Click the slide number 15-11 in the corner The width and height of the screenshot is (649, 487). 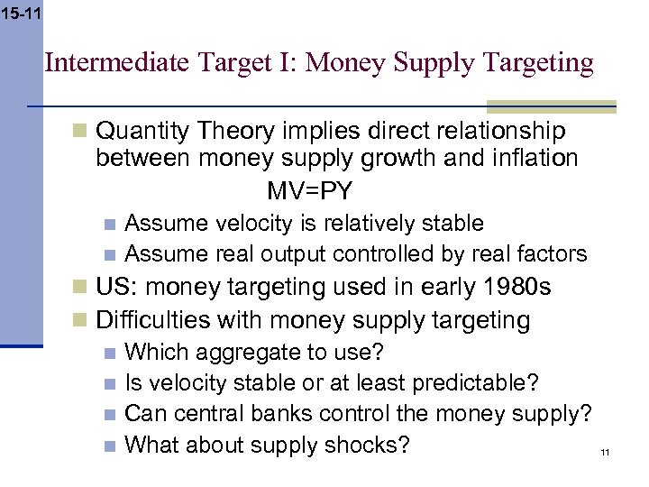[x=21, y=14]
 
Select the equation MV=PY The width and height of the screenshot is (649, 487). [x=310, y=191]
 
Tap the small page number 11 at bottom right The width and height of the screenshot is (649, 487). [x=605, y=453]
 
